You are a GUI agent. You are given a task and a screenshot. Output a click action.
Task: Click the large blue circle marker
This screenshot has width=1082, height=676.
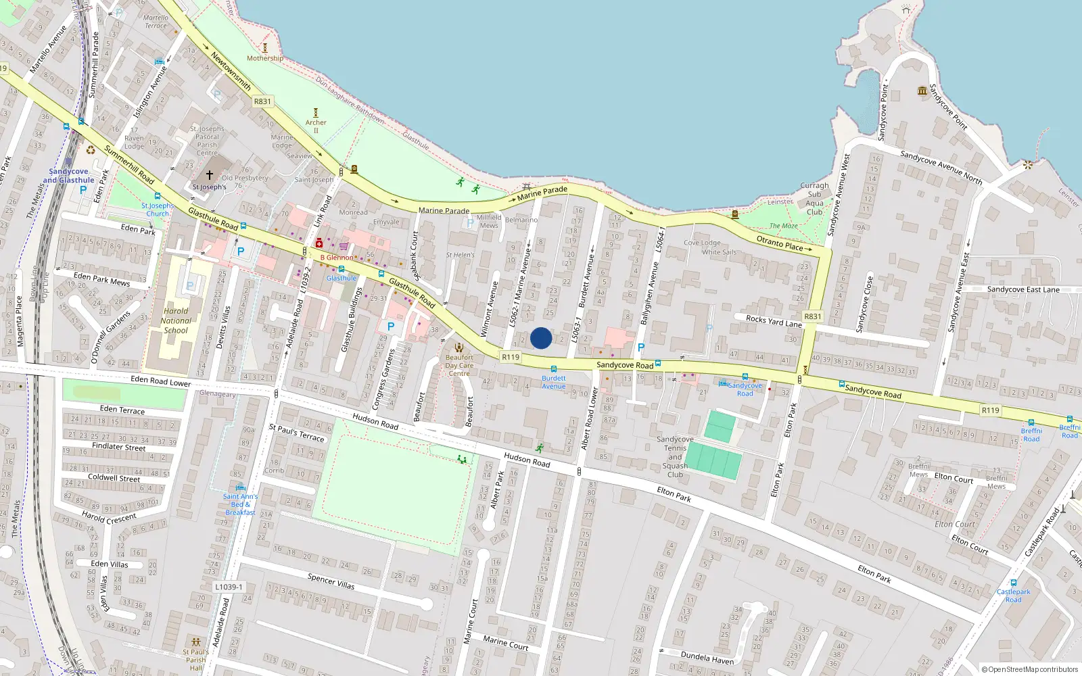coord(541,338)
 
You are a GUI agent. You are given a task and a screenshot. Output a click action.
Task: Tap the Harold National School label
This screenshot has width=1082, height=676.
coord(176,321)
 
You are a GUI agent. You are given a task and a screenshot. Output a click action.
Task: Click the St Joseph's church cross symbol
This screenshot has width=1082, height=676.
coord(210,175)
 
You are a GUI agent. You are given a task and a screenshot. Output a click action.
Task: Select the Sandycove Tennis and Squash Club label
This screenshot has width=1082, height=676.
coord(675,457)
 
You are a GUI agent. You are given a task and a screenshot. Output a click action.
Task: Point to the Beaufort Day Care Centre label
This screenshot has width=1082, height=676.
coord(459,365)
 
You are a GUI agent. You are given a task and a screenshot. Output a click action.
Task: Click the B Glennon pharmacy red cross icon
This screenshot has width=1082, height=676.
coord(319,243)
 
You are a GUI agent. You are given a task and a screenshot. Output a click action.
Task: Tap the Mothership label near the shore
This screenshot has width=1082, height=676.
coord(265,58)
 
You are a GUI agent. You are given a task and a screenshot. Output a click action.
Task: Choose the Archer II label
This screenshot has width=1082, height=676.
coord(316,126)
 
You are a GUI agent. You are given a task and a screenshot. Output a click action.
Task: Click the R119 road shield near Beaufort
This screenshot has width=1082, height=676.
coord(511,357)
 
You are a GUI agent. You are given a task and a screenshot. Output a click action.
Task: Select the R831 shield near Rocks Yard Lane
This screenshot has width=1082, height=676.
coord(812,316)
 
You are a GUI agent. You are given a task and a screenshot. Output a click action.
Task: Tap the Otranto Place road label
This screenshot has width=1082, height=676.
coord(779,243)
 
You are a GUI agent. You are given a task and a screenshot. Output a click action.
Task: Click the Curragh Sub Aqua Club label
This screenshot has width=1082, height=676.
coord(814,199)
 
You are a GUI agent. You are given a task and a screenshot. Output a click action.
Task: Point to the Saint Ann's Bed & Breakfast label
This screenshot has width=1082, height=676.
coord(240,504)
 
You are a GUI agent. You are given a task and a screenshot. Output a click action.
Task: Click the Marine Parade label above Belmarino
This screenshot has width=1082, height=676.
coord(542,193)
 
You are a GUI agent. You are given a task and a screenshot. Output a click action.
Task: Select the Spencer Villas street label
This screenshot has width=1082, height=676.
coord(331,581)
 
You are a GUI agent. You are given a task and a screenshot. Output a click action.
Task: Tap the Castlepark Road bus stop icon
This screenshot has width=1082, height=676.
coord(1013,582)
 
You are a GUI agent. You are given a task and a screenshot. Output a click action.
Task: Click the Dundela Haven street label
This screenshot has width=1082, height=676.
coord(707,658)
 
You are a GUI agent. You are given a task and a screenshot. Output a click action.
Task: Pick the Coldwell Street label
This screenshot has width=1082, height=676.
coord(114,478)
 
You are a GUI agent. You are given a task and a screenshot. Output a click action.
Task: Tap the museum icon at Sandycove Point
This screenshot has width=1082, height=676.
coord(922,91)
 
